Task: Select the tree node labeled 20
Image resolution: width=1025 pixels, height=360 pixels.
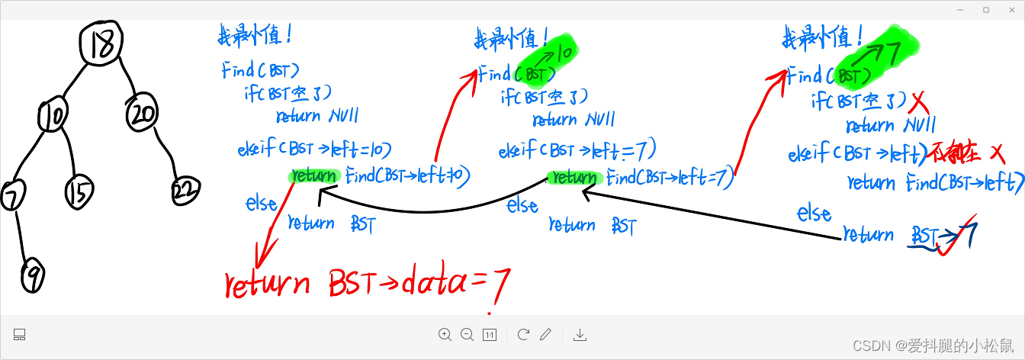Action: [x=143, y=113]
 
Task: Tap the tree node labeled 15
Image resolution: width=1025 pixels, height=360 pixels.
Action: [x=79, y=192]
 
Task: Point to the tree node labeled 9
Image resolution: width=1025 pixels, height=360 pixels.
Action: [x=32, y=275]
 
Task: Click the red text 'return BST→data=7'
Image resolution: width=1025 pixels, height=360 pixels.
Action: [x=367, y=283]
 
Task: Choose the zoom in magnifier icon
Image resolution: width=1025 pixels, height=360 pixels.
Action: [x=445, y=334]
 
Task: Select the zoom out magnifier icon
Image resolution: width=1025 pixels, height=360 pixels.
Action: [x=468, y=334]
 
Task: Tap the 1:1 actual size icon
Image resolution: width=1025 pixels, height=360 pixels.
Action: [x=490, y=334]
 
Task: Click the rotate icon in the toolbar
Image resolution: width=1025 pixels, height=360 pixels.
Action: [x=523, y=334]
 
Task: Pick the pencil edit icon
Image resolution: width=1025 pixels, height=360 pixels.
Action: [x=545, y=334]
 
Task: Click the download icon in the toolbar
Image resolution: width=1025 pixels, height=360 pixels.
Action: [x=580, y=334]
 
